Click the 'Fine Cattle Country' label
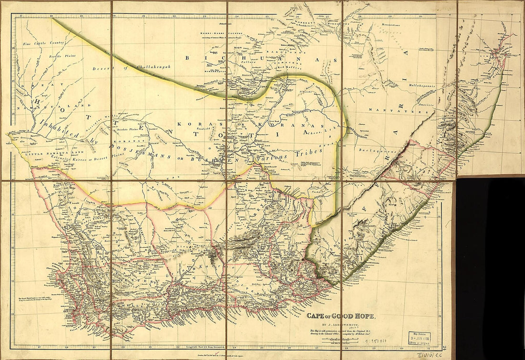[43, 43]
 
